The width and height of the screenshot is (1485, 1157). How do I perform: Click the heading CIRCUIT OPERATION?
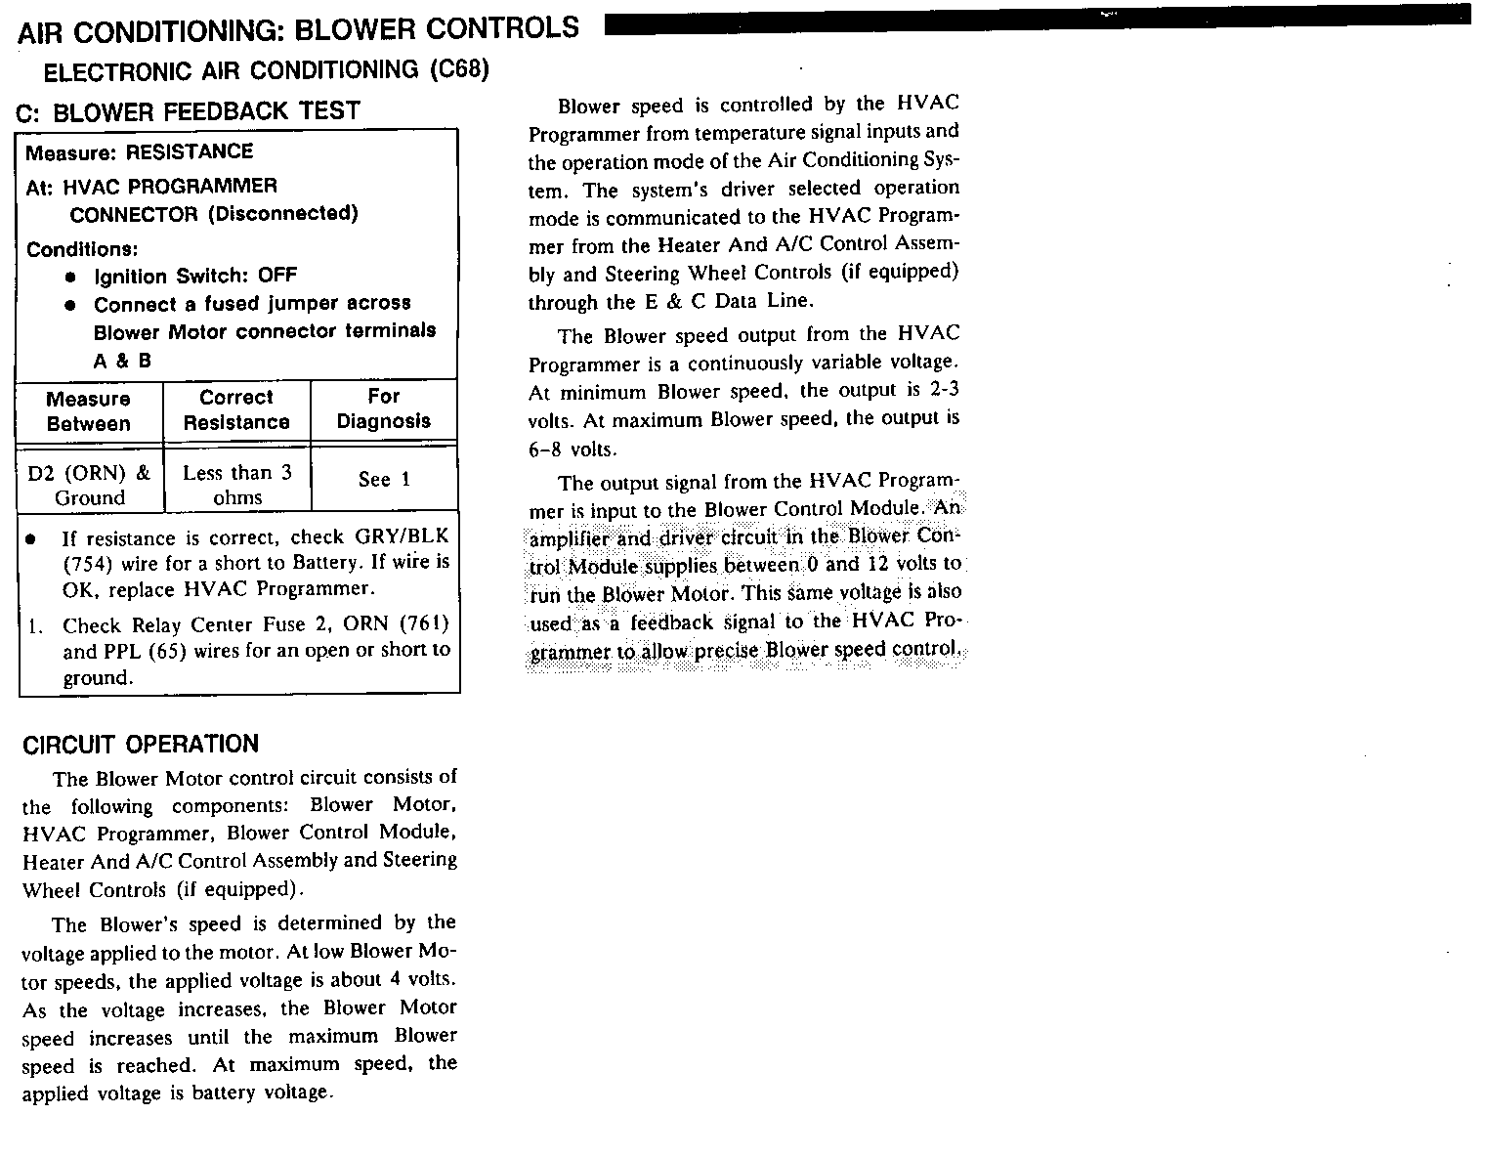click(x=141, y=745)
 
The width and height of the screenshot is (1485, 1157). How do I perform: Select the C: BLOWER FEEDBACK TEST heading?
click(x=189, y=111)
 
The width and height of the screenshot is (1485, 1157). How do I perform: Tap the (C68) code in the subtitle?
click(x=458, y=70)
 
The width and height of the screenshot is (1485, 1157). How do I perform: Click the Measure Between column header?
click(x=88, y=411)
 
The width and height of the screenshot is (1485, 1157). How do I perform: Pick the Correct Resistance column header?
click(x=236, y=410)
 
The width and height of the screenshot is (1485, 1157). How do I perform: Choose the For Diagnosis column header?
click(x=383, y=409)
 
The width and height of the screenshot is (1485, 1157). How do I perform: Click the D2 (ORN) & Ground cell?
click(x=89, y=486)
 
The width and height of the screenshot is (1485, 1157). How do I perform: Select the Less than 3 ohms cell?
click(x=237, y=486)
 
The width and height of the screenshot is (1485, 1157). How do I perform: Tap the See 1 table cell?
click(x=384, y=479)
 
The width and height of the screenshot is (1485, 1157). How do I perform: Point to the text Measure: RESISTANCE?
click(x=139, y=152)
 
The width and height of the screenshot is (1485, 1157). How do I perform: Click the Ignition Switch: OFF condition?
click(x=195, y=276)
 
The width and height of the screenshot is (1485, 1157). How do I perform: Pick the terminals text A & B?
click(x=122, y=361)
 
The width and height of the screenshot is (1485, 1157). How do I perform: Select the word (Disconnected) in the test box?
click(x=283, y=214)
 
